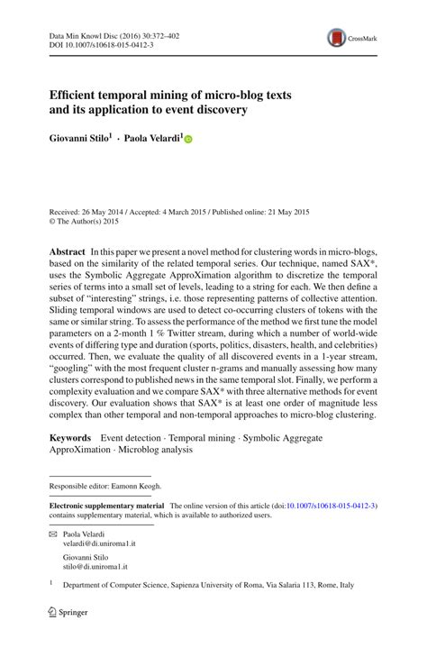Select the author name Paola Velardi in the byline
point(150,140)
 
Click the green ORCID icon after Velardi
point(188,141)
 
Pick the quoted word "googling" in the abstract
point(77,355)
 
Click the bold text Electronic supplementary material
point(106,507)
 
